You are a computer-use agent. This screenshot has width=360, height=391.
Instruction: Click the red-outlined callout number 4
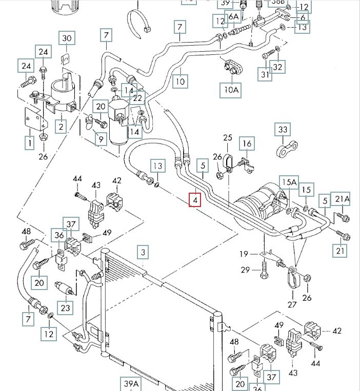pyautogui.click(x=194, y=200)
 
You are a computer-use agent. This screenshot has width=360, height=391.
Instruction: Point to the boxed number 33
pyautogui.click(x=283, y=130)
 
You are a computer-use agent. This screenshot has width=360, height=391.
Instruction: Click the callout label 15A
pyautogui.click(x=288, y=182)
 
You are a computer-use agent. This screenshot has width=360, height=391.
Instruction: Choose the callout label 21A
pyautogui.click(x=342, y=199)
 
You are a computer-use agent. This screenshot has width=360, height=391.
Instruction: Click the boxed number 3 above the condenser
pyautogui.click(x=144, y=252)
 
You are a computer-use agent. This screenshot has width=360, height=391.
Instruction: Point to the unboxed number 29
pyautogui.click(x=246, y=270)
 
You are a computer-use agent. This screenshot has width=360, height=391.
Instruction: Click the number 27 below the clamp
pyautogui.click(x=292, y=304)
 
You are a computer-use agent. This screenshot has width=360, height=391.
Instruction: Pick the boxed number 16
pyautogui.click(x=247, y=143)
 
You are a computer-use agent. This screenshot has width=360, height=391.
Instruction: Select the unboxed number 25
pyautogui.click(x=228, y=137)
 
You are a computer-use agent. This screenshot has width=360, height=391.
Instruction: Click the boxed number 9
pyautogui.click(x=100, y=138)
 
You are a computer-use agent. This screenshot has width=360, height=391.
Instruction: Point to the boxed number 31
pyautogui.click(x=265, y=75)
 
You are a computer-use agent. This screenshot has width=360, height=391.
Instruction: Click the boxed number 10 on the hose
pyautogui.click(x=179, y=80)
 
